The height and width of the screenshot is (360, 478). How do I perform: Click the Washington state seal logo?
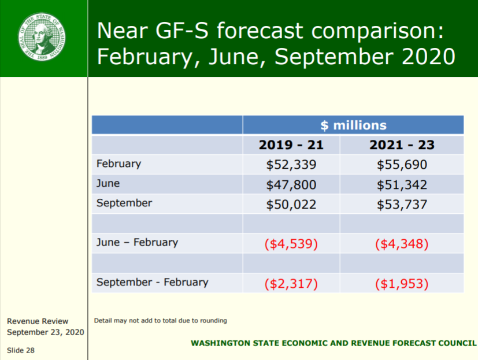point(42,36)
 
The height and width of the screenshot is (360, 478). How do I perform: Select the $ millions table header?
point(353,125)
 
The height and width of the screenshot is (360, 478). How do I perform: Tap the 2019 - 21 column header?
point(291,145)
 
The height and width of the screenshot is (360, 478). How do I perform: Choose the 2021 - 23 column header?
point(402,145)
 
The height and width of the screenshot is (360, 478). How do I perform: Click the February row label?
point(118,164)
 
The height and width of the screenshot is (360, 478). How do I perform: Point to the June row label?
point(108,183)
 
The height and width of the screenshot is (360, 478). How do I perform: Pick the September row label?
point(124,203)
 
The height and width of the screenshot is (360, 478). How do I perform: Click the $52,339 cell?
point(291,165)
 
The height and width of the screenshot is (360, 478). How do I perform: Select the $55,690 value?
point(402,165)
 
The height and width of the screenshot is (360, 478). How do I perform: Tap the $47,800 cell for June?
point(291,185)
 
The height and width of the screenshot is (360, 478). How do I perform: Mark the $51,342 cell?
point(402,185)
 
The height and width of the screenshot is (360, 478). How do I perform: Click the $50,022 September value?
point(291,204)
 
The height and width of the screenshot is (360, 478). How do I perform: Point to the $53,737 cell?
point(402,204)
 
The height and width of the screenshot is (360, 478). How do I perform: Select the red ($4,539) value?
point(291,244)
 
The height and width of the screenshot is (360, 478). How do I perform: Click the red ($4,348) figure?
point(402,244)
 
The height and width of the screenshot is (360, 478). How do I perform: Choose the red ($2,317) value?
point(291,284)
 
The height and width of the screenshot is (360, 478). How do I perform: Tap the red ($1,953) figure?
point(402,284)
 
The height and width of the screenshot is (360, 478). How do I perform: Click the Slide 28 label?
point(21,350)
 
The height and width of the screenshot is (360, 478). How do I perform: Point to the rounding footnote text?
point(160,321)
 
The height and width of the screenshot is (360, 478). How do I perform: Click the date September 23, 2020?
point(46,332)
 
